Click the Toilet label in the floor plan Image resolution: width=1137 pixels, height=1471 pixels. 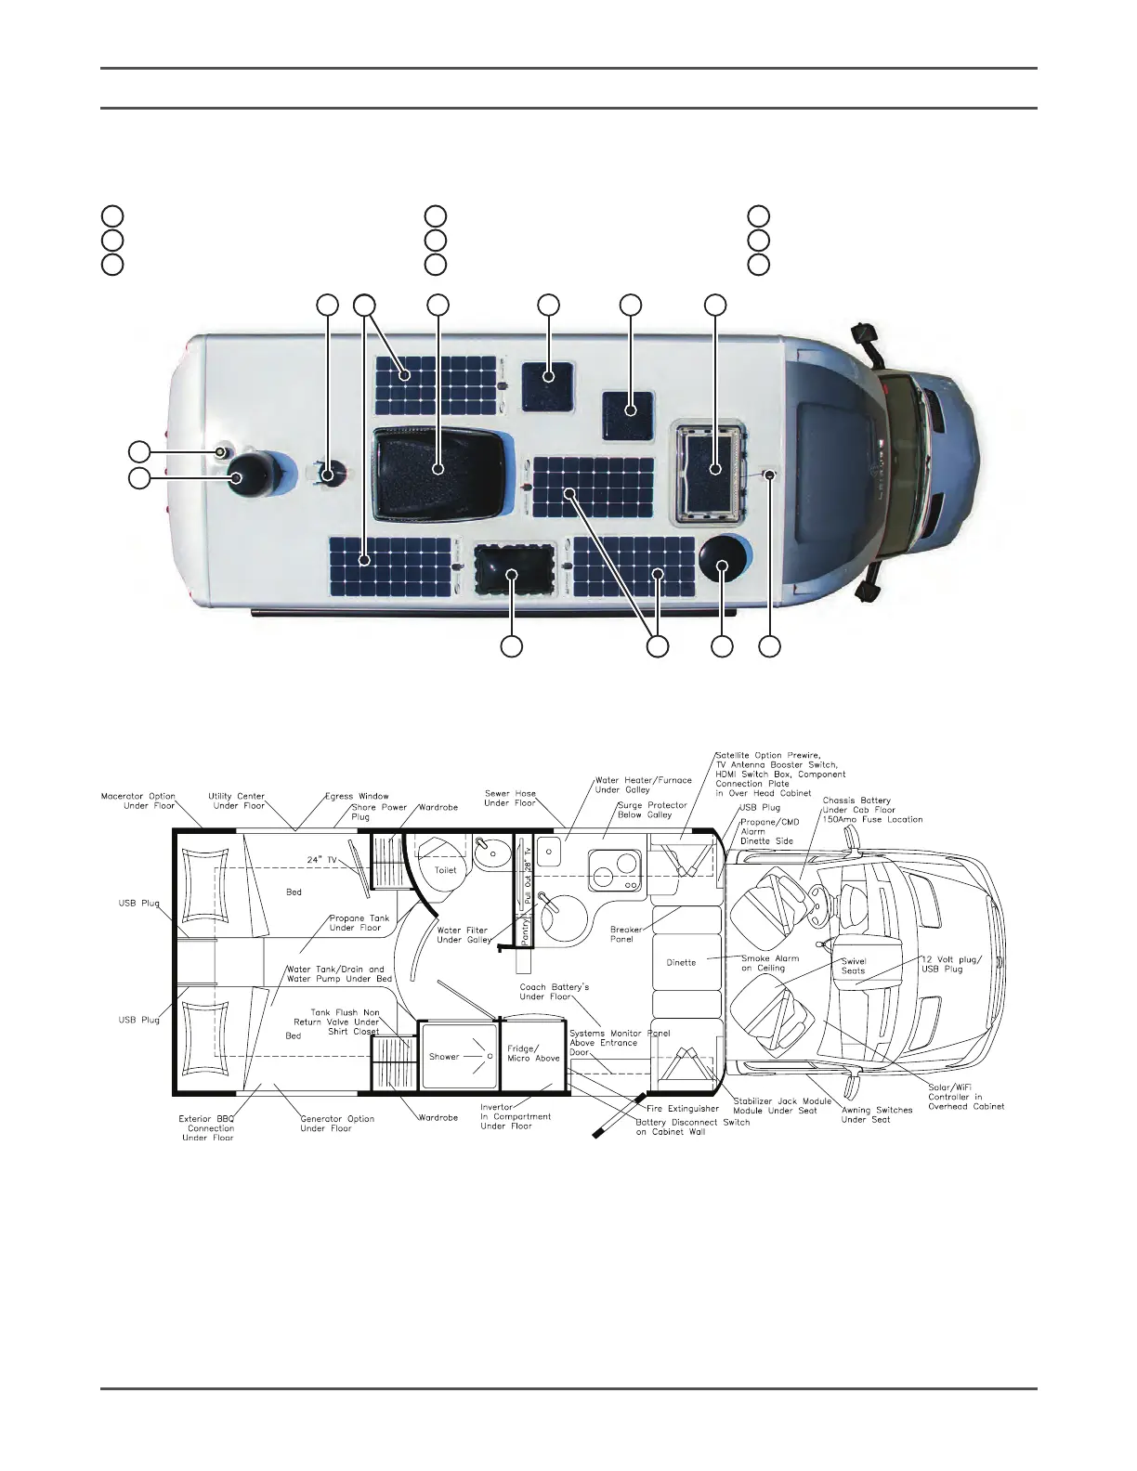point(446,870)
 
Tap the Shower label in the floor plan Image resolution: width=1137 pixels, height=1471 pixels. point(444,1056)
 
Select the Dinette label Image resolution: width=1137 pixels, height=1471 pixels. point(681,962)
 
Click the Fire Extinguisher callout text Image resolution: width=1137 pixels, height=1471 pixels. point(683,1108)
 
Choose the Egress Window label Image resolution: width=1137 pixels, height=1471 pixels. point(357,796)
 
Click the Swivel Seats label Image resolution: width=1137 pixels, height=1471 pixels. point(853,966)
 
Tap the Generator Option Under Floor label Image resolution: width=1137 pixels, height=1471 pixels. point(336,1123)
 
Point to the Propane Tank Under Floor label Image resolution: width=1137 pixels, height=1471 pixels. point(359,922)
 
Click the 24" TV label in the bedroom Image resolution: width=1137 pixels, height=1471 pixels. point(321,860)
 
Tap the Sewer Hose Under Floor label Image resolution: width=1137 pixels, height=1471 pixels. point(510,798)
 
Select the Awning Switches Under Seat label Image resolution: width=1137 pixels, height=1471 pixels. point(877,1114)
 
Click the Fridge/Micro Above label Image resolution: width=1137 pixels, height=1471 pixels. point(533,1053)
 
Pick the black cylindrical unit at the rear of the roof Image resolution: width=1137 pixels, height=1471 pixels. point(249,474)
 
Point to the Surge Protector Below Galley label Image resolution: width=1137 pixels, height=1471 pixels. point(652,810)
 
